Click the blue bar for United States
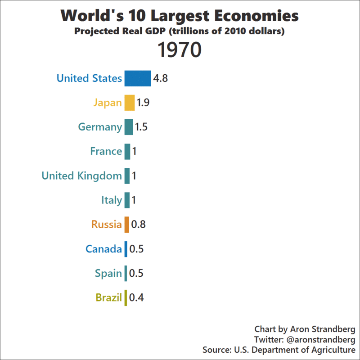(137, 78)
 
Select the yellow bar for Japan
(130, 103)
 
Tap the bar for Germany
(128, 127)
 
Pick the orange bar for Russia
(127, 225)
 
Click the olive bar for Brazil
(126, 297)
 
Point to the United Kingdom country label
(81, 175)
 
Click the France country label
(106, 151)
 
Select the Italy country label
(111, 200)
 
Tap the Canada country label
(103, 249)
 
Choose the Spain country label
(108, 273)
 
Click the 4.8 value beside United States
(160, 78)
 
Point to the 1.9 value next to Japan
(143, 103)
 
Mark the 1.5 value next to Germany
(141, 127)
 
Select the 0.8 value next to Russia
(139, 225)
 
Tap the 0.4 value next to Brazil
(136, 297)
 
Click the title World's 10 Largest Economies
(180, 16)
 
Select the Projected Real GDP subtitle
(180, 31)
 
